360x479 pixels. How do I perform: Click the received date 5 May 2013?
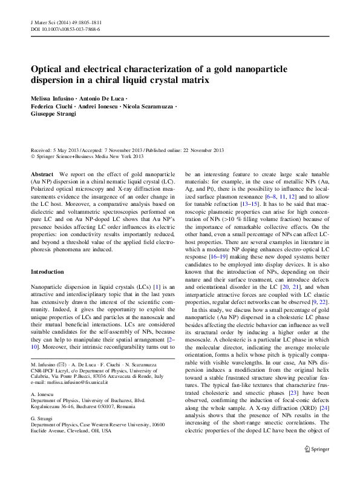coord(64,150)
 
